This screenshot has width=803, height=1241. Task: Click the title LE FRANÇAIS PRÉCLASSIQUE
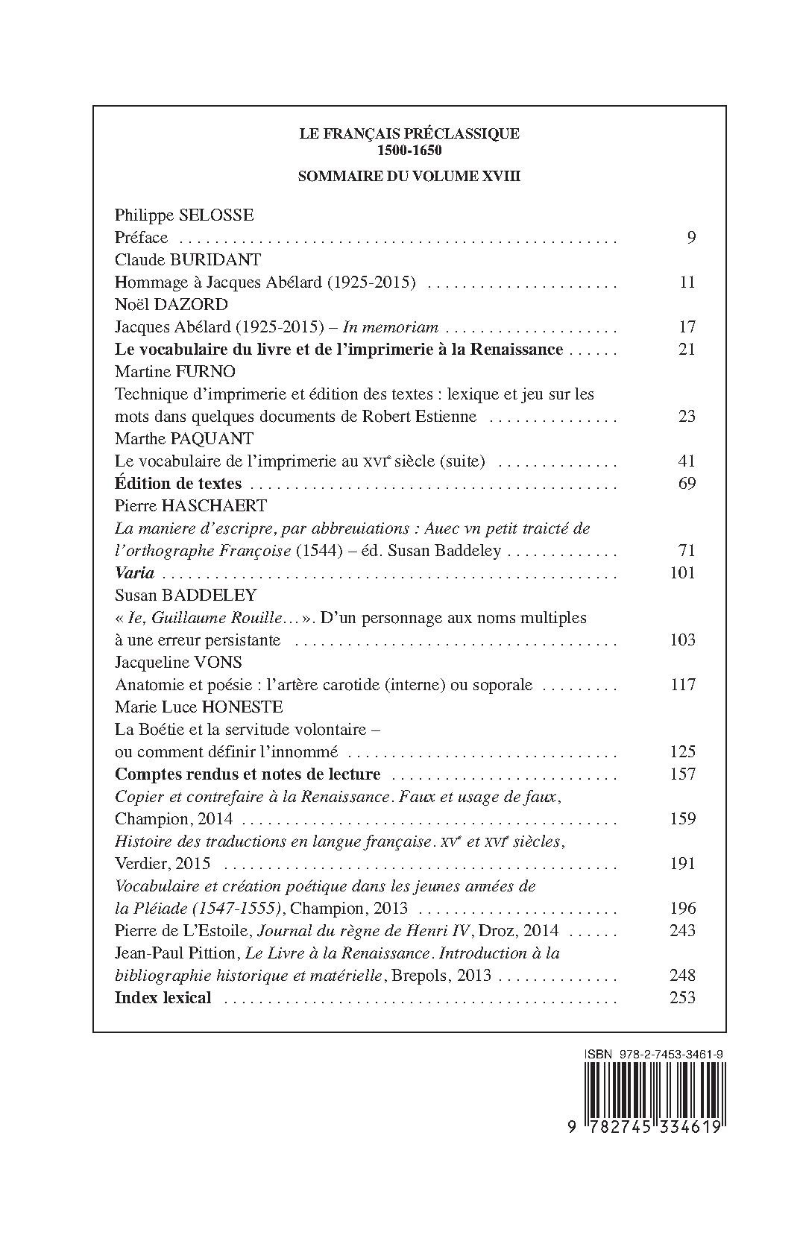point(409,134)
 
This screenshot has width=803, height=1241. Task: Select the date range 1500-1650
point(409,149)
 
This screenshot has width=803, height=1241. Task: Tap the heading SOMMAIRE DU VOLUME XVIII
point(409,177)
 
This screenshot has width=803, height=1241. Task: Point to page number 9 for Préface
point(690,238)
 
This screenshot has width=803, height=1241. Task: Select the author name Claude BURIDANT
point(187,260)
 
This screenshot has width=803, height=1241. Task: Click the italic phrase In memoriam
point(390,327)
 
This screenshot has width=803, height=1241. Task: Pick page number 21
point(687,350)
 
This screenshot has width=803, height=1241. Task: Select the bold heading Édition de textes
point(178,484)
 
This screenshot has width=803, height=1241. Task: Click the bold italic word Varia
point(134,573)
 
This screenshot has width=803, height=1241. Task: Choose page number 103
point(683,640)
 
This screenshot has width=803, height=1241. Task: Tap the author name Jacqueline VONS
point(178,663)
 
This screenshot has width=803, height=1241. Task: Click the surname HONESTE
point(242,707)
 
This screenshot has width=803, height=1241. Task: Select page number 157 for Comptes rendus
point(683,774)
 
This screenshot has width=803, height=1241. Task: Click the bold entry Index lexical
point(163,998)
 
